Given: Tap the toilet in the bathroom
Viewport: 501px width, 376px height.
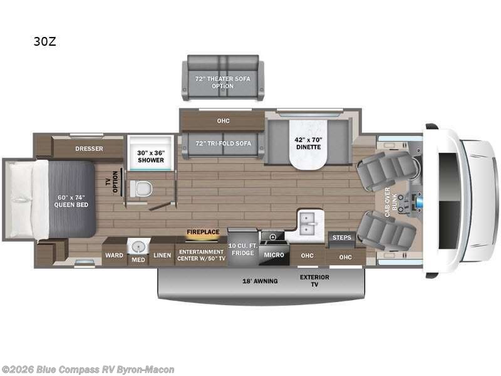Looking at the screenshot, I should (x=142, y=187).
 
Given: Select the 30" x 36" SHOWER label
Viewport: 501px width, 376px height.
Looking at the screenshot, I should (x=151, y=155).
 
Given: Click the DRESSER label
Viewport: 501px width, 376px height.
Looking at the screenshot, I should (x=89, y=149).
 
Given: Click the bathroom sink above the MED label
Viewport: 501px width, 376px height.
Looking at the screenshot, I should (x=137, y=246).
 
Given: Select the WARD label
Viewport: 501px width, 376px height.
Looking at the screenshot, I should (x=113, y=255).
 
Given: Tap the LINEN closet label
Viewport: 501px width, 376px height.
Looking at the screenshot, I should (x=162, y=255).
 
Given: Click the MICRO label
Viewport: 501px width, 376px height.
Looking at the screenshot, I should (x=273, y=255).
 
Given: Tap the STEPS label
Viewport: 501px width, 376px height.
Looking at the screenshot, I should (x=342, y=238).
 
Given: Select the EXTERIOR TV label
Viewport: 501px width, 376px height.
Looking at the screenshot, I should (x=314, y=281).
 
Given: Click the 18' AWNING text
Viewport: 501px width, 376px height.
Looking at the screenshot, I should (x=261, y=281).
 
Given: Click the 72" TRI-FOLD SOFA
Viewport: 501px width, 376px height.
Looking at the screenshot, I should (x=222, y=143).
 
